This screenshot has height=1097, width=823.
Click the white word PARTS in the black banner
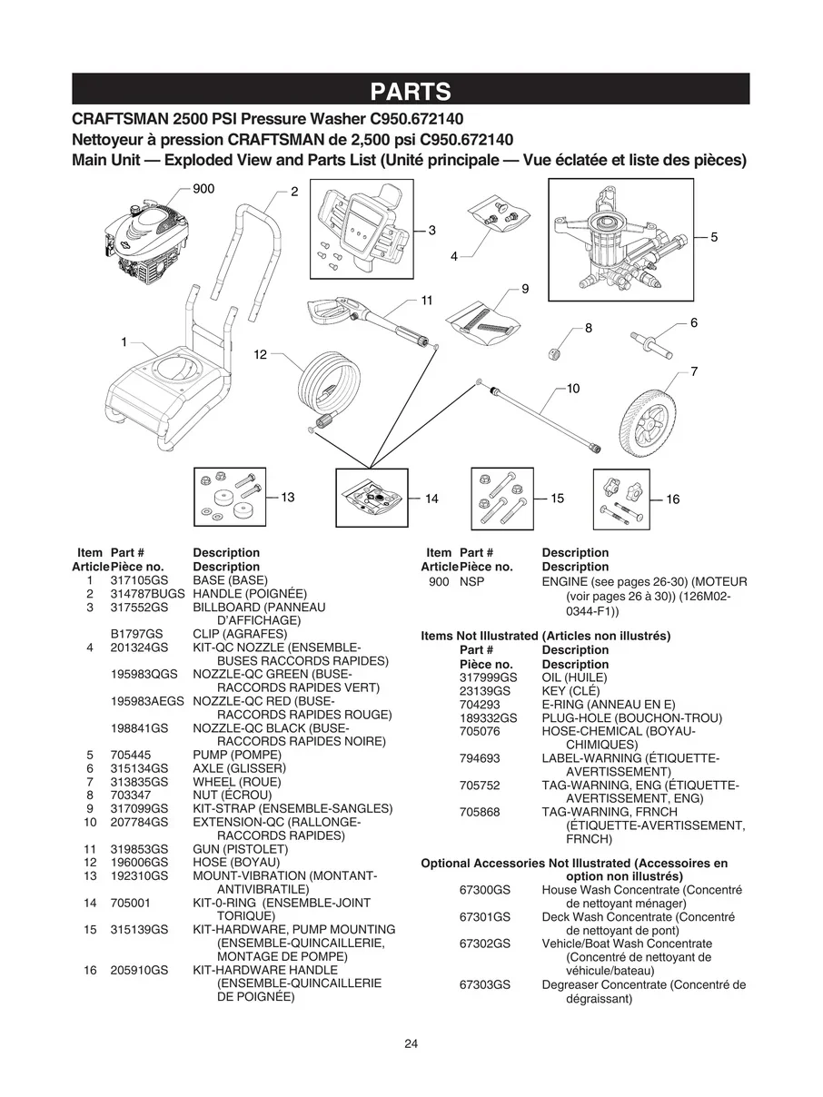[x=411, y=91]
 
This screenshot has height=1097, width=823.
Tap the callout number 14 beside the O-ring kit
[x=431, y=499]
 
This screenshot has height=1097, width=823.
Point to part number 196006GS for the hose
[x=139, y=862]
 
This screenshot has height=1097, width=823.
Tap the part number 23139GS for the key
[x=488, y=691]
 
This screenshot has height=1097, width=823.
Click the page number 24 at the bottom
[x=411, y=1043]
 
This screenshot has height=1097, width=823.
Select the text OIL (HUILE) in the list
[x=574, y=677]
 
